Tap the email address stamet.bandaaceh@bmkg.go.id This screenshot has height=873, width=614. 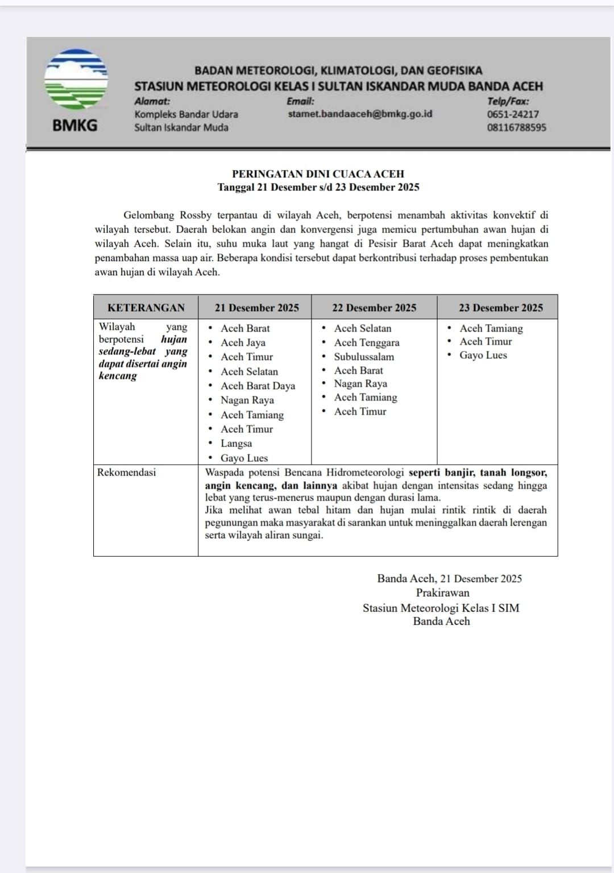pyautogui.click(x=360, y=114)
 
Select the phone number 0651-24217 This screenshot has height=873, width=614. pyautogui.click(x=512, y=114)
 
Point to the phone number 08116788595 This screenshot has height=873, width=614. pyautogui.click(x=516, y=127)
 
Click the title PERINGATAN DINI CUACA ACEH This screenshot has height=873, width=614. pyautogui.click(x=318, y=174)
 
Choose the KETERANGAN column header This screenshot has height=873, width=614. pyautogui.click(x=146, y=308)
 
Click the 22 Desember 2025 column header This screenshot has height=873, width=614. pyautogui.click(x=374, y=308)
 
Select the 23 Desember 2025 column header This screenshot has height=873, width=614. pyautogui.click(x=500, y=308)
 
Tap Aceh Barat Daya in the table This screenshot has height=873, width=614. pyautogui.click(x=258, y=386)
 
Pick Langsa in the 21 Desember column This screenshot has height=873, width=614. pyautogui.click(x=236, y=443)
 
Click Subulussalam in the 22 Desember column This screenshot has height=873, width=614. pyautogui.click(x=364, y=357)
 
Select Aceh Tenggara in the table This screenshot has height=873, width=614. pyautogui.click(x=367, y=342)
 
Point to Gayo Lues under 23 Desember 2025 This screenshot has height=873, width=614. pyautogui.click(x=483, y=355)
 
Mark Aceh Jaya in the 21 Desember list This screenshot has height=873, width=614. pyautogui.click(x=243, y=342)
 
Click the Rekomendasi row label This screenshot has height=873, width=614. pyautogui.click(x=126, y=472)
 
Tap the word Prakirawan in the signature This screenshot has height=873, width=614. pyautogui.click(x=442, y=593)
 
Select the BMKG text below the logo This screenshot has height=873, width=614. pyautogui.click(x=75, y=125)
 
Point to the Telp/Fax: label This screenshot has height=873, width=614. pyautogui.click(x=508, y=101)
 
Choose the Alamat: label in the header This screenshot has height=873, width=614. pyautogui.click(x=152, y=101)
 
